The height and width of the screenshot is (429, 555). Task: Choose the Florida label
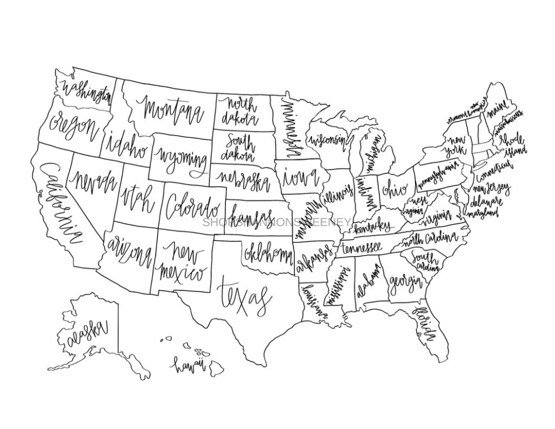pyautogui.click(x=425, y=324)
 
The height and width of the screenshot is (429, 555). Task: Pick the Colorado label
pyautogui.click(x=193, y=208)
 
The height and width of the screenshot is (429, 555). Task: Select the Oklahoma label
pyautogui.click(x=268, y=254)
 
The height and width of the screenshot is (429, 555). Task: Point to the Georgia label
pyautogui.click(x=405, y=282)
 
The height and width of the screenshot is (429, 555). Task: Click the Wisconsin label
pyautogui.click(x=328, y=140)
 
